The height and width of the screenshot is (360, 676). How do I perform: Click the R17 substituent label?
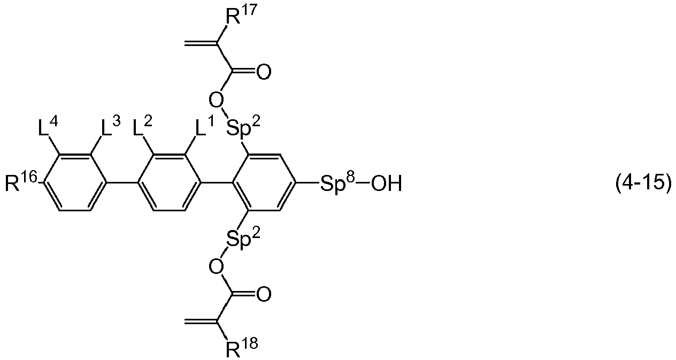point(241,15)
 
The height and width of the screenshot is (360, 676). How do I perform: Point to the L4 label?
point(48,126)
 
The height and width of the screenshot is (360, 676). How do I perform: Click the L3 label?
point(111,126)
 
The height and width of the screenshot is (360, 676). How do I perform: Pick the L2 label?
point(143,126)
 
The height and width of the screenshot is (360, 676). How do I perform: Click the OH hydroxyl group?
point(387,184)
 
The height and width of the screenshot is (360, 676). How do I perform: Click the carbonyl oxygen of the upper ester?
point(264,72)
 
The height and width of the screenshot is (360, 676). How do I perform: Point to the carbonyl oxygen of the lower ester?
point(264,294)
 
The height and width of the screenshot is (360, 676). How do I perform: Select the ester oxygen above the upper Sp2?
point(217,100)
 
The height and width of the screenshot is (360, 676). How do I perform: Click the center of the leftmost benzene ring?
point(75,182)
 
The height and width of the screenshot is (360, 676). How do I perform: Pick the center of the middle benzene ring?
point(170,182)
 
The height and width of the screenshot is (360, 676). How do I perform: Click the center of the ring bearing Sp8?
point(264,182)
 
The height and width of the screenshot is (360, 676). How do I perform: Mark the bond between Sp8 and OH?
point(363,183)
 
